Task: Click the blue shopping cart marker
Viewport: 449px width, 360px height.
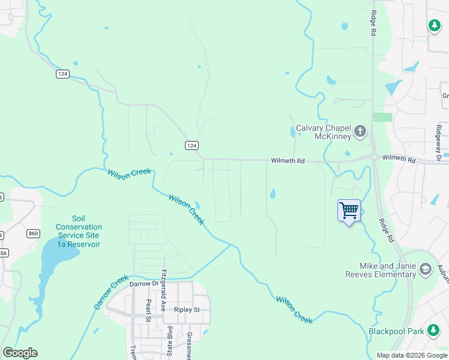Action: point(349,211)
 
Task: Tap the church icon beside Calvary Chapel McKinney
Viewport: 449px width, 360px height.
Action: point(360,131)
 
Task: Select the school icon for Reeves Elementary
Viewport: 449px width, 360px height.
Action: point(426,269)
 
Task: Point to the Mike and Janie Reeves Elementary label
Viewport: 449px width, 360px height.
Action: point(388,270)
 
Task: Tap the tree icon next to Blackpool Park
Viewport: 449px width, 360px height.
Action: point(432,330)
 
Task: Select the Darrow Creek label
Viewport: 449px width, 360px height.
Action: point(110,292)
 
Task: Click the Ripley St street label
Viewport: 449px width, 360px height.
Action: point(186,310)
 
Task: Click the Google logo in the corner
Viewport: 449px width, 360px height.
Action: point(20,353)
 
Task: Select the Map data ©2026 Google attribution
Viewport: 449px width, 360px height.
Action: point(412,355)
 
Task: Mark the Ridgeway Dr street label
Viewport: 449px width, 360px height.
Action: point(439,143)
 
